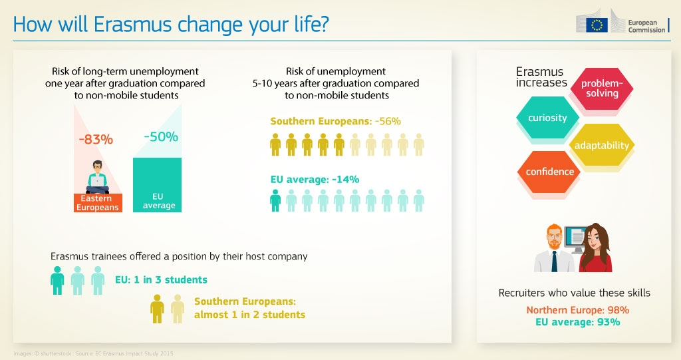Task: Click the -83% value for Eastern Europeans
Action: pos(96,140)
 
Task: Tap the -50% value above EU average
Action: pos(161,137)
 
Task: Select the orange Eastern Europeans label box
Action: pos(96,203)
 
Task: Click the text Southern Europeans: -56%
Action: pos(335,121)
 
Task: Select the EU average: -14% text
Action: pos(315,179)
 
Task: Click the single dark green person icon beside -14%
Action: pos(275,200)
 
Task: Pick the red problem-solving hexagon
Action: pos(602,89)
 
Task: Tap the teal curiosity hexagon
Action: pos(547,118)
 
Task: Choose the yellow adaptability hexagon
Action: pos(601,145)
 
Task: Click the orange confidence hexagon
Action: pos(549,172)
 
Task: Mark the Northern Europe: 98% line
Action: pos(577,310)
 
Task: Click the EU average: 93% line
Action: pos(577,322)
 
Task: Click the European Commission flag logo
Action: pos(597,25)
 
